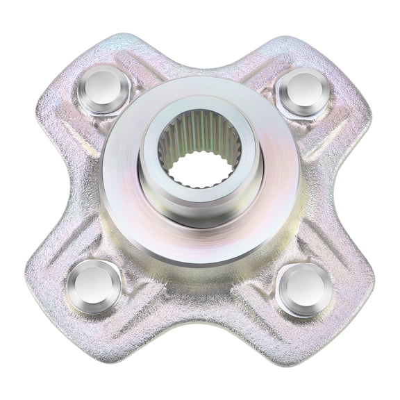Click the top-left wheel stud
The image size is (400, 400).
(x=103, y=89)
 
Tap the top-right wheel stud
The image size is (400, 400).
(x=303, y=90)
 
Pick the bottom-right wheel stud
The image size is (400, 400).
(x=304, y=288)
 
